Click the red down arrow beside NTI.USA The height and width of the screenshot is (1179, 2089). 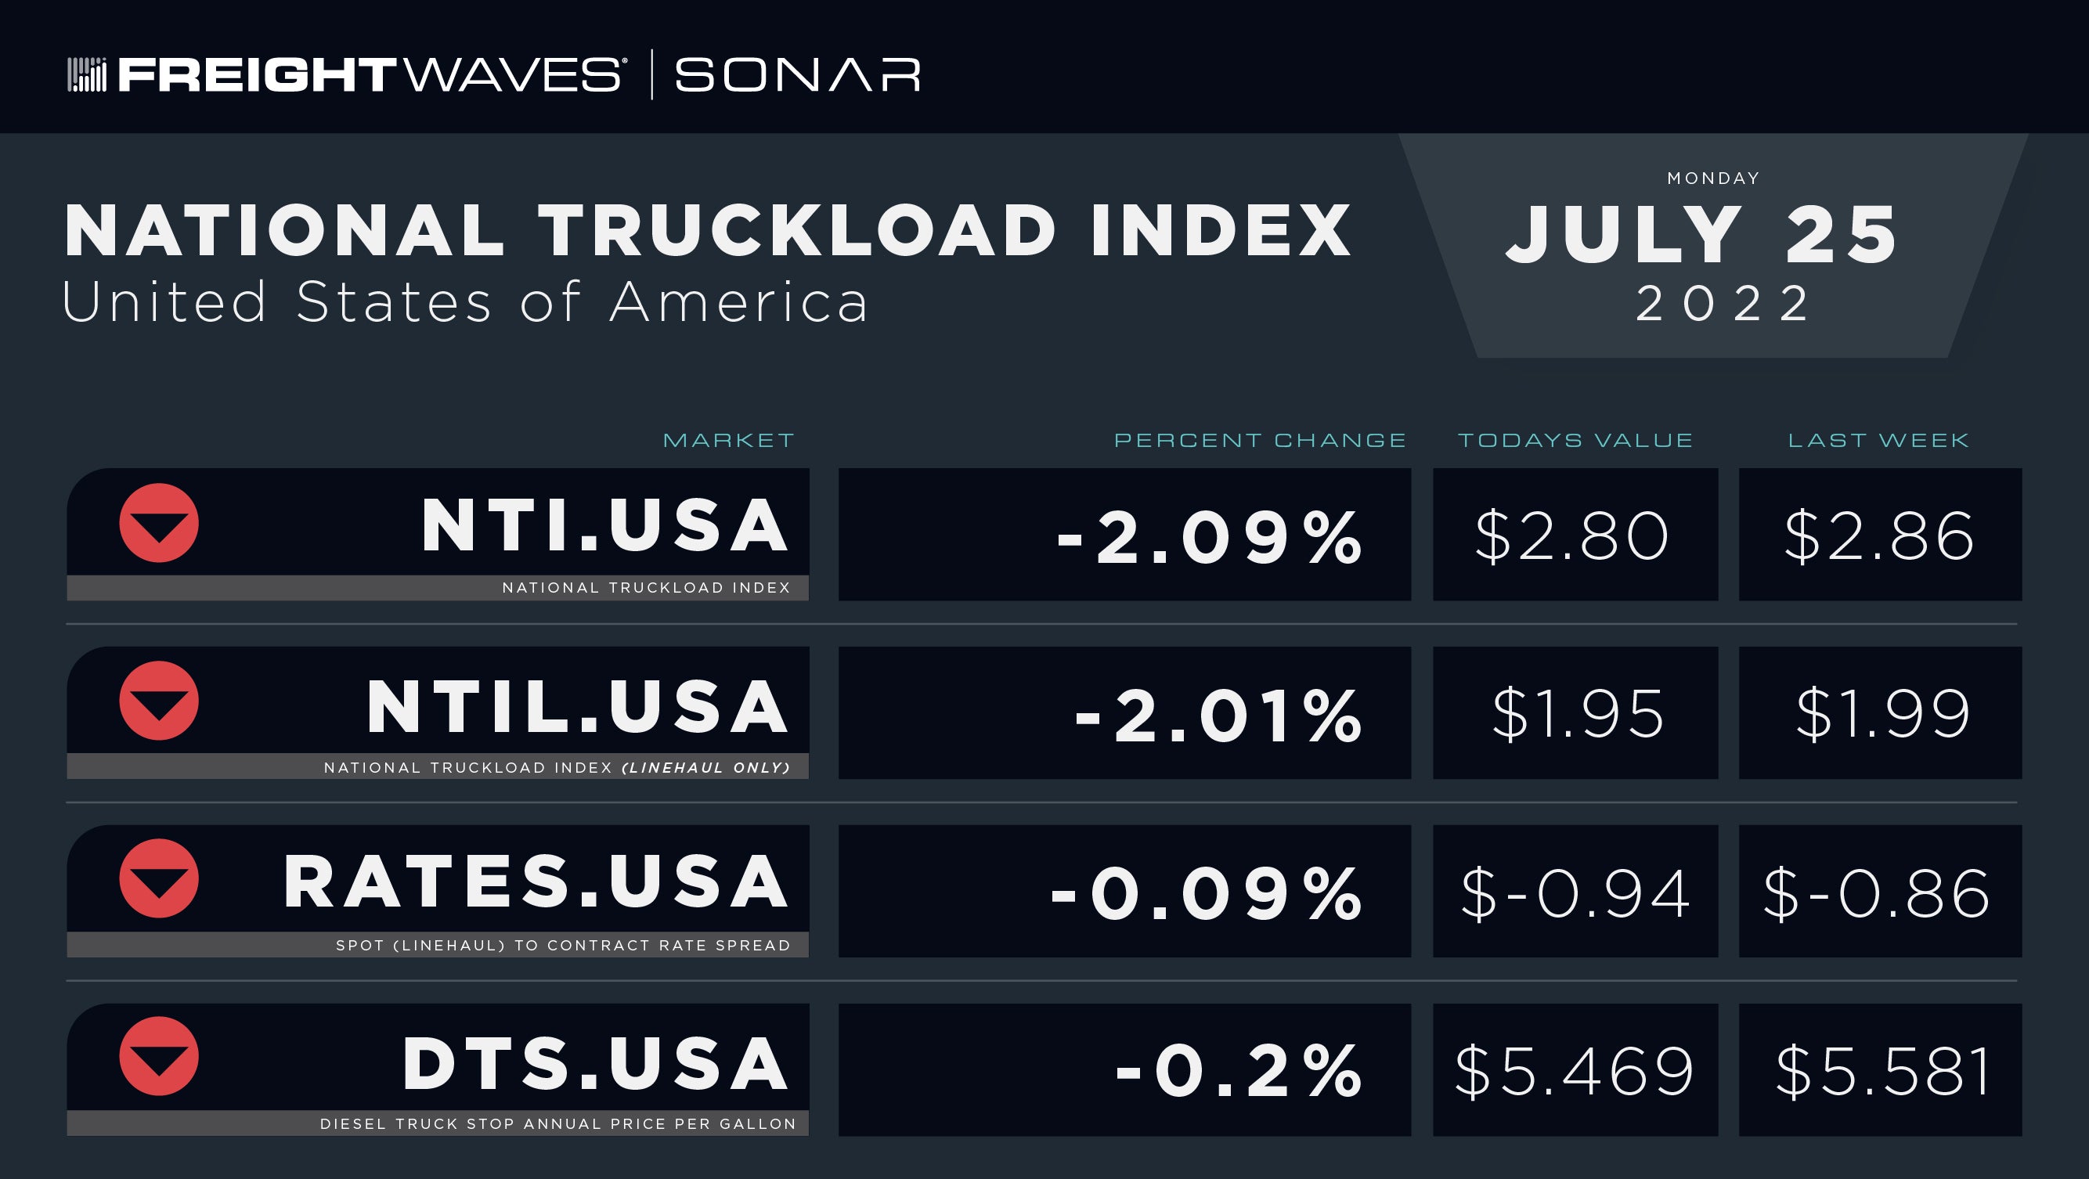coord(159,523)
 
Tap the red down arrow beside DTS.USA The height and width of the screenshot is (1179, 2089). coord(159,1056)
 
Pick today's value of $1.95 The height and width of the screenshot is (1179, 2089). coord(1577,713)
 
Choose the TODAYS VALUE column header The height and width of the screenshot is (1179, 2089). coord(1575,440)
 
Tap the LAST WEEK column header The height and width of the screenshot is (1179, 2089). coord(1878,440)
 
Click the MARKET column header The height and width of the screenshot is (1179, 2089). coord(729,440)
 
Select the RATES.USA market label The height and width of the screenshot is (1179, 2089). coord(536,882)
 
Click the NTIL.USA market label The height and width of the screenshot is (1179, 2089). coord(577,707)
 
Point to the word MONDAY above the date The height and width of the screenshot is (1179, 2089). coord(1712,178)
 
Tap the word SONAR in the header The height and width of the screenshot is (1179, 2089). coord(798,74)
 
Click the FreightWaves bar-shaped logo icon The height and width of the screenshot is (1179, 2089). coord(87,74)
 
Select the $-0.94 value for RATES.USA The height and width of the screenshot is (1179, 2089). coord(1575,893)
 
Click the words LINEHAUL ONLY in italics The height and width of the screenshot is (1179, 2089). coord(705,768)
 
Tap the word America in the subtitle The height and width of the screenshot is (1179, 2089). coord(739,302)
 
